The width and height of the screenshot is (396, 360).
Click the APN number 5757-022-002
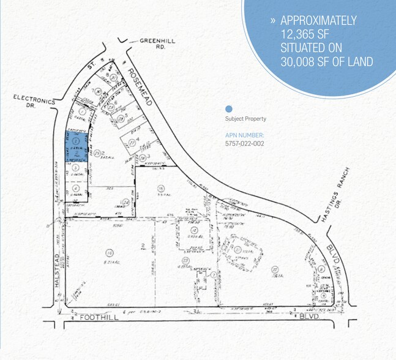tap(244, 143)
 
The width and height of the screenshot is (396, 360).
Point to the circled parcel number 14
tap(110, 252)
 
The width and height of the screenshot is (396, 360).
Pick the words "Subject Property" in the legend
tap(245, 119)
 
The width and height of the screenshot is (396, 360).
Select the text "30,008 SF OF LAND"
tap(326, 61)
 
